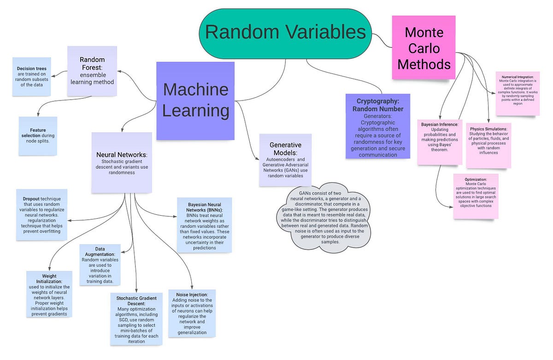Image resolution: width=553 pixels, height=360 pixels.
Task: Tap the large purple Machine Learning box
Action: (195, 100)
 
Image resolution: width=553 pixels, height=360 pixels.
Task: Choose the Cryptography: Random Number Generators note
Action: (377, 126)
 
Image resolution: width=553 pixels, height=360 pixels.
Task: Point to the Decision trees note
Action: (32, 76)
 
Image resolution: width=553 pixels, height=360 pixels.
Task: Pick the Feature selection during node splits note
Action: (38, 136)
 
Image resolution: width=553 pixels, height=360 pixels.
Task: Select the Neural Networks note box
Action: (122, 162)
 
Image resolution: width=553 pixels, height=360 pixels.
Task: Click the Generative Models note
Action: (285, 160)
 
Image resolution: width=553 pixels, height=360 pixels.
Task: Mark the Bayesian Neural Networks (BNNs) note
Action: (204, 225)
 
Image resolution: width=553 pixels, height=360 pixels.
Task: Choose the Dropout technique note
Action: (41, 214)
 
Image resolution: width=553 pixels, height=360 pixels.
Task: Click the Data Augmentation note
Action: (100, 265)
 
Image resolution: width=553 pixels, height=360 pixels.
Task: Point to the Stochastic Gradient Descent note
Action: (136, 318)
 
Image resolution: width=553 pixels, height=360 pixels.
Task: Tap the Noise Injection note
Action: (192, 313)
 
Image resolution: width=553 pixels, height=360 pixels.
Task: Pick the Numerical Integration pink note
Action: (517, 94)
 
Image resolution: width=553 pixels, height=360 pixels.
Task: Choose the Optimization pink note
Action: (476, 196)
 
